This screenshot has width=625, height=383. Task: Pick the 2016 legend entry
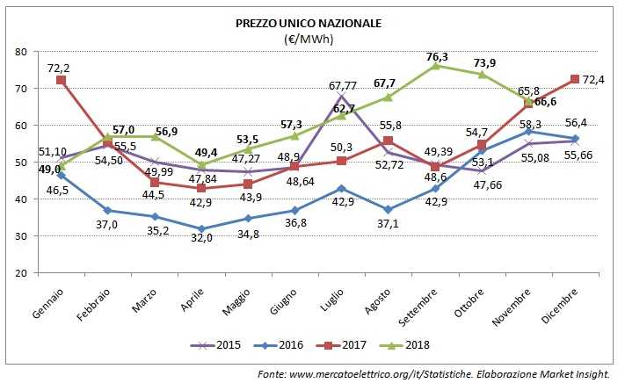[290, 344]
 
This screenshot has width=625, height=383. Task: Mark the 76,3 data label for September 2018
[437, 57]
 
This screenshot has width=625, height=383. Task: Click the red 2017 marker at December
[575, 80]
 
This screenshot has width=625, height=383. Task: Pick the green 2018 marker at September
[437, 66]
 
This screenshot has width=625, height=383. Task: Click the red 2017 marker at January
[61, 81]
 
